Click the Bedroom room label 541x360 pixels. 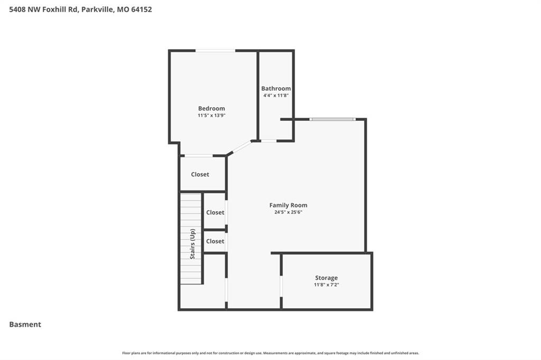point(211,108)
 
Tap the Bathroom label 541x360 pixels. point(276,89)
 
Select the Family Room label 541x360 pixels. point(288,205)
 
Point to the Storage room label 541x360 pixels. point(326,278)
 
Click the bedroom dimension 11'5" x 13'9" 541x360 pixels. point(211,116)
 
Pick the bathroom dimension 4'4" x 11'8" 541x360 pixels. point(276,96)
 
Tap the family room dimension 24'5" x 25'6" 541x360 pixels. point(288,212)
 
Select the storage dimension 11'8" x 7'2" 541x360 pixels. point(326,285)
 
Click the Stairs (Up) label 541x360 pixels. point(192,244)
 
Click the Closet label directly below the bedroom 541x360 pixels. point(200,175)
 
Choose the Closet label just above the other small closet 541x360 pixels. point(215,212)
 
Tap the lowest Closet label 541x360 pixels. point(215,241)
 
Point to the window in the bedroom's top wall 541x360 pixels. point(216,51)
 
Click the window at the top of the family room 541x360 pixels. point(332,119)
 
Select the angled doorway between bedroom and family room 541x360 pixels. point(239,148)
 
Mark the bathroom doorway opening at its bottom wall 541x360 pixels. point(268,141)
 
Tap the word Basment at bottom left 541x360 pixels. point(25,325)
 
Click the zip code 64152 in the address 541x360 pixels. point(142,10)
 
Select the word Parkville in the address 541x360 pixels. point(97,10)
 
